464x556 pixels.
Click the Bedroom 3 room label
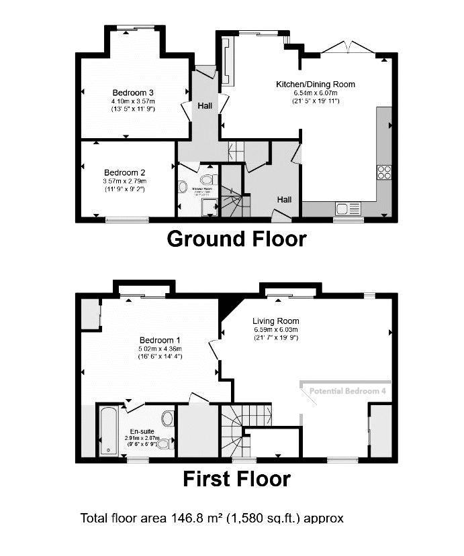click(x=133, y=92)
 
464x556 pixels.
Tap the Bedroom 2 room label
click(x=124, y=172)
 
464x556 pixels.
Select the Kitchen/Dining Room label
click(x=316, y=85)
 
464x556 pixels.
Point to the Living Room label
click(x=276, y=321)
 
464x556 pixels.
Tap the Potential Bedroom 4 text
click(x=346, y=390)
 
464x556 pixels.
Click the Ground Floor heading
click(x=236, y=238)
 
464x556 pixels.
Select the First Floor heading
click(x=236, y=479)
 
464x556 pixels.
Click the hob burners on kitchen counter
click(x=385, y=171)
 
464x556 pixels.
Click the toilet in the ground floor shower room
click(x=208, y=179)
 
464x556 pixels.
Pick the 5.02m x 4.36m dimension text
click(x=158, y=348)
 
